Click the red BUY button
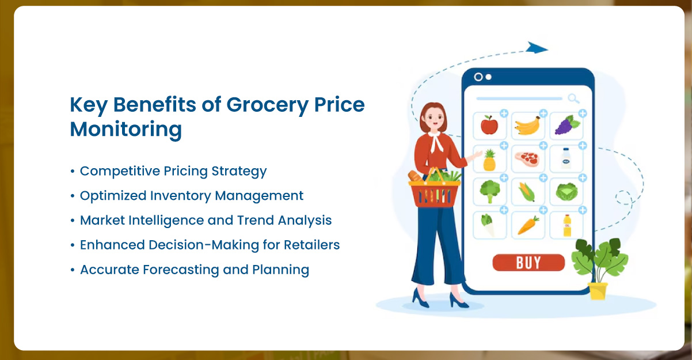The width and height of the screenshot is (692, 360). point(528,263)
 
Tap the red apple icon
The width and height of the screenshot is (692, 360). point(489,125)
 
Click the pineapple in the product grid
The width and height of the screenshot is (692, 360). point(489,160)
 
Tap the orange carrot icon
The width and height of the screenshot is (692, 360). point(527,225)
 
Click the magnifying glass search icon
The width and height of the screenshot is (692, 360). point(573,98)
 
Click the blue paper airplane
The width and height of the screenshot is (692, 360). point(537,48)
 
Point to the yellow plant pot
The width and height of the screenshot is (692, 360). point(598,290)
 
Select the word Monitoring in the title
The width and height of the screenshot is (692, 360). point(126,129)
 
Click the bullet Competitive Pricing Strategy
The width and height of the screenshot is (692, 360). point(173,171)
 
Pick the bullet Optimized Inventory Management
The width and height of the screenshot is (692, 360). point(191,196)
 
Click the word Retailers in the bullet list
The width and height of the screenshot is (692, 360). point(311,245)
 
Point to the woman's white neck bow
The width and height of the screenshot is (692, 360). point(439,141)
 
